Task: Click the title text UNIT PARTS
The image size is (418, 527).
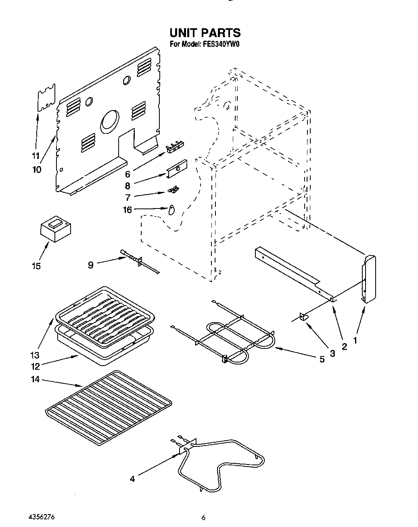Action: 205,33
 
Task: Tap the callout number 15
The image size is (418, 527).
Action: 36,266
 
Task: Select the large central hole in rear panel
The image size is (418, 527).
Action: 110,121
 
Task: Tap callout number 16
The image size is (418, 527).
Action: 127,210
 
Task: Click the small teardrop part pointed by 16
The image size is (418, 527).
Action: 171,210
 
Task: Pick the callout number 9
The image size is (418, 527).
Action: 90,265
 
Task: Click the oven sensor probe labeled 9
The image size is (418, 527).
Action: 139,262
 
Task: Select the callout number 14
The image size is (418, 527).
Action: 36,379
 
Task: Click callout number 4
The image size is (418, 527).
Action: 132,479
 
